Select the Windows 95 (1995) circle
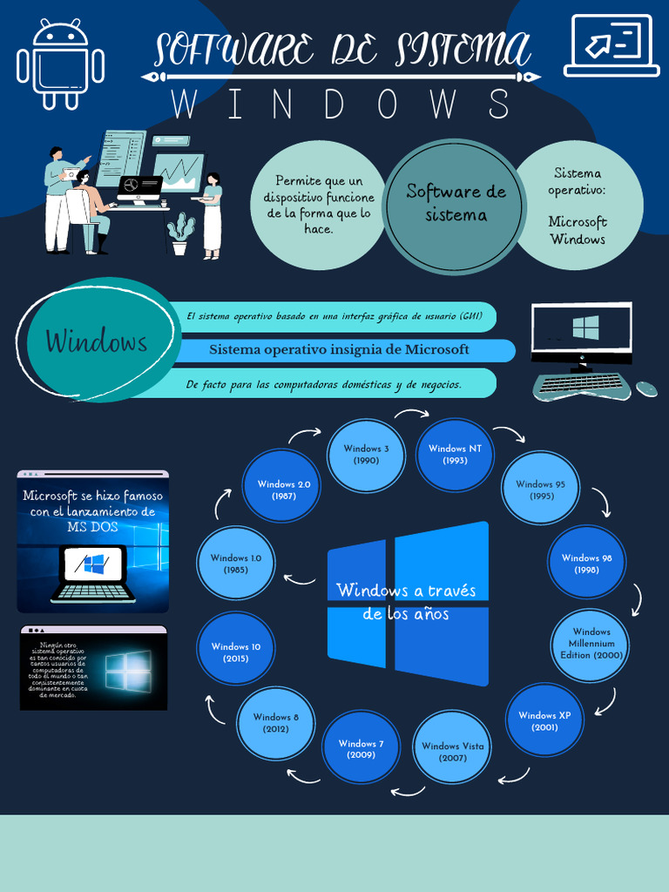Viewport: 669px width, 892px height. pos(540,489)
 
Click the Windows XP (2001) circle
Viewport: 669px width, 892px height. pos(544,720)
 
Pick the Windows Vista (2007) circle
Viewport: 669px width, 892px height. pos(452,751)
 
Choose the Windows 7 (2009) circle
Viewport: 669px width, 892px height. pos(361,748)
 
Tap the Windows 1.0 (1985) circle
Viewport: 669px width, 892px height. pos(235,564)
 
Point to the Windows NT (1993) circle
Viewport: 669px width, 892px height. pos(455,454)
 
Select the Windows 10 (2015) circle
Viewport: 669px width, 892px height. pos(235,652)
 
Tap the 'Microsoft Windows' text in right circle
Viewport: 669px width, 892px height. pos(577,231)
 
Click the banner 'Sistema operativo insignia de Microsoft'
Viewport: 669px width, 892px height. pos(339,349)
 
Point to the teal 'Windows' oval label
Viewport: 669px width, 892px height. pos(96,341)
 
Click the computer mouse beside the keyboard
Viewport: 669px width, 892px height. pos(645,389)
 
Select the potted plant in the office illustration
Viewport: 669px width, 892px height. pos(180,234)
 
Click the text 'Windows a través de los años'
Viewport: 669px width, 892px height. pos(406,602)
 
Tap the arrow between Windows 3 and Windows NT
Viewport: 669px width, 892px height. pos(405,415)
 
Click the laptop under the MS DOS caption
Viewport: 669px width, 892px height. pos(93,573)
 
